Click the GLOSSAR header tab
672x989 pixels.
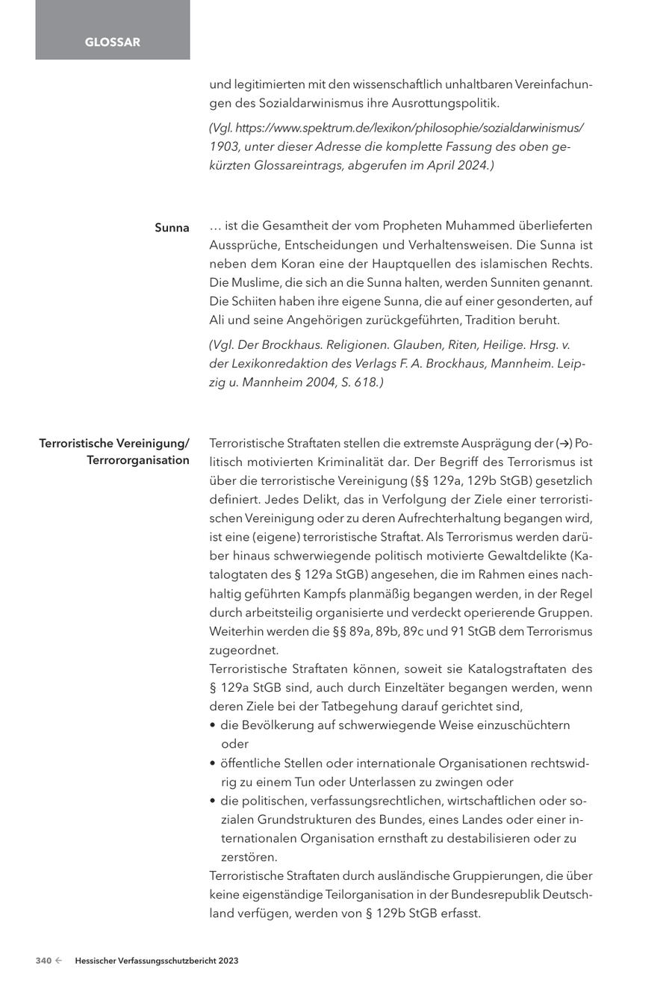[112, 43]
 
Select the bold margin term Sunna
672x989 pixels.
[172, 228]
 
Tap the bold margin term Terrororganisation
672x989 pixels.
[138, 460]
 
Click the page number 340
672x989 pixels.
[43, 961]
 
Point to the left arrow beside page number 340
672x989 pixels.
[58, 961]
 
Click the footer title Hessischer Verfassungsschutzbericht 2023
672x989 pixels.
[157, 961]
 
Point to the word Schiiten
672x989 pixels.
[256, 301]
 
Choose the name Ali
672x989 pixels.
[218, 320]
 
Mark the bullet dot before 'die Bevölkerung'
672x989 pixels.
[214, 725]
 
